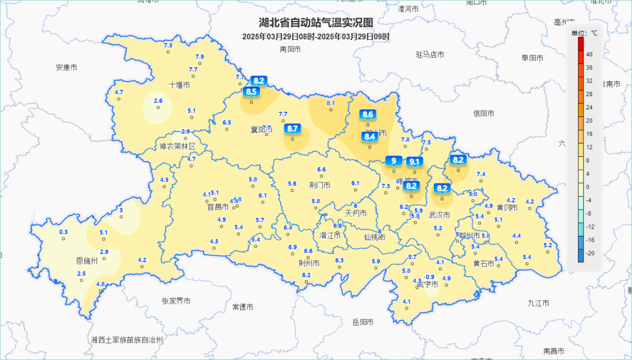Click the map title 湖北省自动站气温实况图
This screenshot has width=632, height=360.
tap(316, 22)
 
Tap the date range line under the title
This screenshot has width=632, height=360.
tap(316, 36)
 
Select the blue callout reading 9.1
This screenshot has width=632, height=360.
tap(415, 162)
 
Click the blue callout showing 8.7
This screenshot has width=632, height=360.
tap(293, 128)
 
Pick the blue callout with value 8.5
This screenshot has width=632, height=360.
tap(252, 91)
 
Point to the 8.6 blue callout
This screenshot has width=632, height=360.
tap(368, 114)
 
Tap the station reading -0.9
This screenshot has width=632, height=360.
tap(430, 277)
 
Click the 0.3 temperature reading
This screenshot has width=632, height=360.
tap(64, 232)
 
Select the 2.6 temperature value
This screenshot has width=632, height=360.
tap(158, 101)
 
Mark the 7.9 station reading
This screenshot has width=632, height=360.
tap(199, 57)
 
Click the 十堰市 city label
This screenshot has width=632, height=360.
tap(180, 85)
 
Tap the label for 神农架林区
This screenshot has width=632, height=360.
tap(177, 146)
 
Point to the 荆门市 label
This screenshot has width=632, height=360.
tap(320, 185)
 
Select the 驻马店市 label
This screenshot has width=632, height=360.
tap(430, 54)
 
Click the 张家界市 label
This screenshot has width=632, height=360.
tap(176, 301)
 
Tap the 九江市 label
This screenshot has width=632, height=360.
tap(538, 303)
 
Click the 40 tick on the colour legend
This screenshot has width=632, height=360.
tap(589, 54)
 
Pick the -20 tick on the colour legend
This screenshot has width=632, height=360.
tap(589, 253)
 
